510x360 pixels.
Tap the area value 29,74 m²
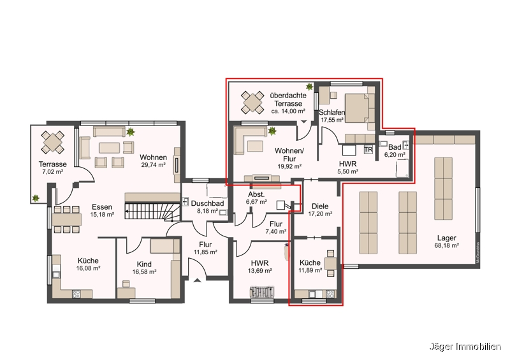[x=154, y=165]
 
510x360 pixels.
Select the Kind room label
[x=144, y=264]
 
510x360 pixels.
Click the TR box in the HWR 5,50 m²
[x=368, y=150]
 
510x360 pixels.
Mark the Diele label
[x=320, y=206]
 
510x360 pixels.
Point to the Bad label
[x=395, y=147]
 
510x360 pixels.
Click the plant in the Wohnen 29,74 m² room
[x=130, y=132]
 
